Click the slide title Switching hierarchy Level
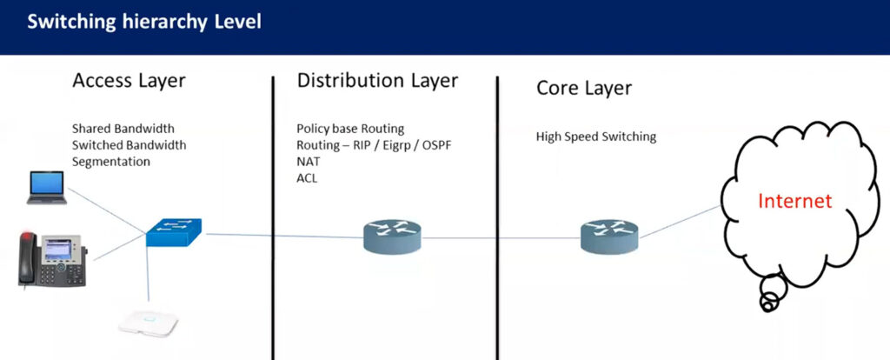click(144, 23)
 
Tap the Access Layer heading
click(129, 81)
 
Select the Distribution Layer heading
click(377, 81)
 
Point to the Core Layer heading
click(584, 89)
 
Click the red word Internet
click(794, 201)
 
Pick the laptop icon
click(47, 188)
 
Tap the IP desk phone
click(52, 260)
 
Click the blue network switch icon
click(174, 232)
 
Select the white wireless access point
click(148, 323)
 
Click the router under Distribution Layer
click(392, 236)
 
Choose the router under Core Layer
click(609, 236)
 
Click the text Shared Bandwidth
click(123, 129)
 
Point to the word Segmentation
click(111, 162)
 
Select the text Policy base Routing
click(350, 129)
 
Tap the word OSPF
click(437, 145)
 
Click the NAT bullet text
click(309, 162)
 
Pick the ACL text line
click(307, 178)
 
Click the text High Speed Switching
click(596, 137)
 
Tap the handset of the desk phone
click(28, 258)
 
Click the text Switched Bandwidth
click(129, 145)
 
